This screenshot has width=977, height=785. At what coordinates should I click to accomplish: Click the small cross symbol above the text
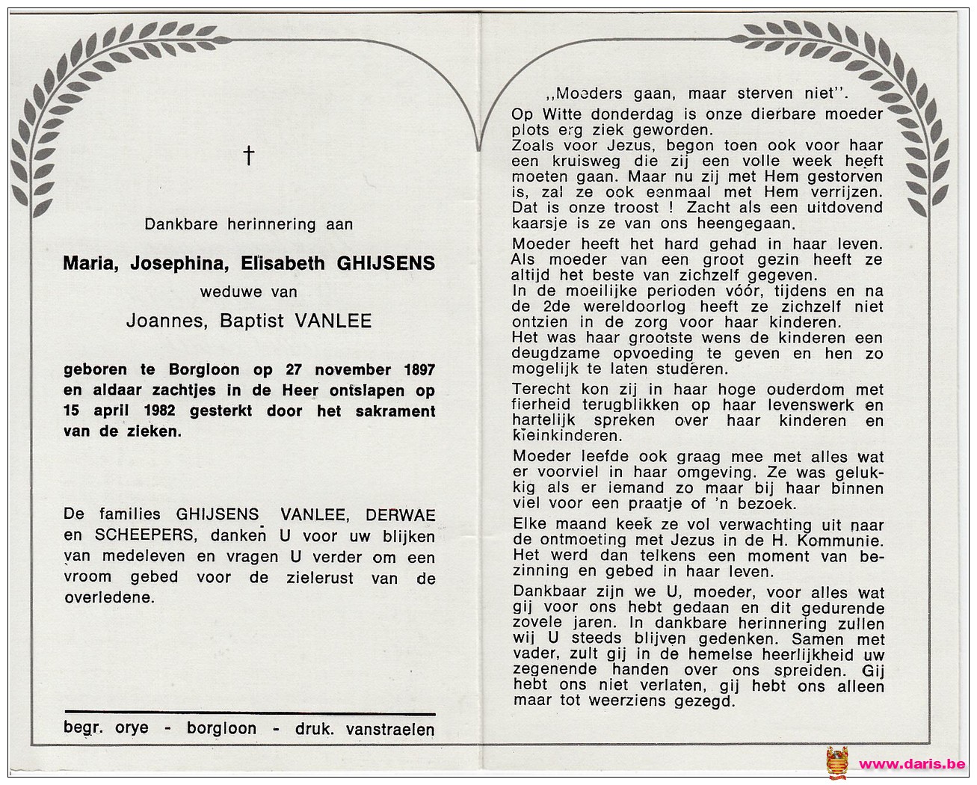(x=248, y=156)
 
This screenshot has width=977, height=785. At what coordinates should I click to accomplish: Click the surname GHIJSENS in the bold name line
(x=387, y=263)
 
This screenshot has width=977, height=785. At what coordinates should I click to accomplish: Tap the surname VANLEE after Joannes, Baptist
(x=333, y=321)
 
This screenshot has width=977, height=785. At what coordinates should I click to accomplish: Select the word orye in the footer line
(x=132, y=727)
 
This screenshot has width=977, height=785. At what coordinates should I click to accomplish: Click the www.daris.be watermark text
(x=911, y=763)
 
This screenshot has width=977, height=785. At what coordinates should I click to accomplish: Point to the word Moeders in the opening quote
(x=589, y=94)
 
